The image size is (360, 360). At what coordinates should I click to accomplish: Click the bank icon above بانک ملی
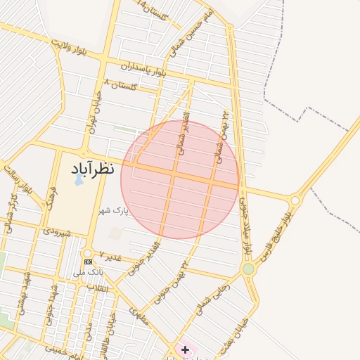pyautogui.click(x=88, y=262)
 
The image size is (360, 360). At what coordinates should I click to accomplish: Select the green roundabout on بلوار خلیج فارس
pyautogui.click(x=248, y=269)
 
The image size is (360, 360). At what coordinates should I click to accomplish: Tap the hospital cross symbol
pyautogui.click(x=185, y=349)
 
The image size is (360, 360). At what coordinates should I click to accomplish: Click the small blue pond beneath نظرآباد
pyautogui.click(x=79, y=180)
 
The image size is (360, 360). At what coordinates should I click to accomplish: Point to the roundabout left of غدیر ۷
pyautogui.click(x=87, y=252)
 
